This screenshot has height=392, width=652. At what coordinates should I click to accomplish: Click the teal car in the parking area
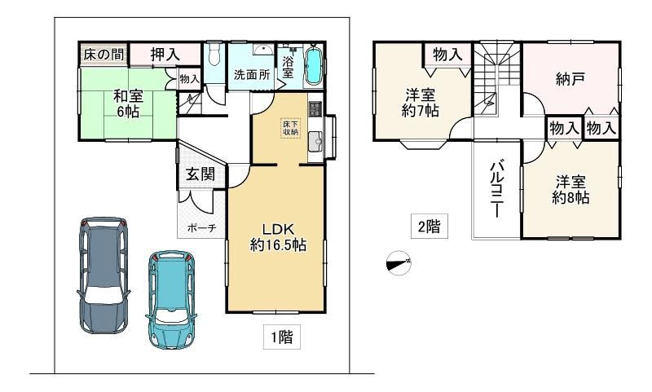pyautogui.click(x=171, y=299)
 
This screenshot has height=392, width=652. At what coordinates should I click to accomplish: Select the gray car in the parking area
pyautogui.click(x=104, y=275)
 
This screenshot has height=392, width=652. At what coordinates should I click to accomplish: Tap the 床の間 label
pyautogui.click(x=104, y=54)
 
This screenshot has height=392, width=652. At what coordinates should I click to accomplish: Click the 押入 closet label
pyautogui.click(x=165, y=55)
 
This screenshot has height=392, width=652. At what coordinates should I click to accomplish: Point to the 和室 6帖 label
pyautogui.click(x=128, y=104)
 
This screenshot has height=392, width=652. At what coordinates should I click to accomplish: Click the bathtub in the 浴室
pyautogui.click(x=314, y=66)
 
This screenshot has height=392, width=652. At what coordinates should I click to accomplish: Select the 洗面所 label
pyautogui.click(x=252, y=75)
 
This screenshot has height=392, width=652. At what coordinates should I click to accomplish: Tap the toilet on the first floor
pyautogui.click(x=214, y=53)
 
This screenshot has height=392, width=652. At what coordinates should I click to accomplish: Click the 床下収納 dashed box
pyautogui.click(x=290, y=128)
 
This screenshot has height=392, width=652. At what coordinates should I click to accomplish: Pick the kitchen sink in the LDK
pyautogui.click(x=316, y=141)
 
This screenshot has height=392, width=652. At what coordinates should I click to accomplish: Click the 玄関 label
pyautogui.click(x=200, y=174)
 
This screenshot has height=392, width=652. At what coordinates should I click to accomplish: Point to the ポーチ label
pyautogui.click(x=202, y=228)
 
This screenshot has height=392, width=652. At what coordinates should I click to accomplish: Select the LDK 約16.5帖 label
pyautogui.click(x=278, y=237)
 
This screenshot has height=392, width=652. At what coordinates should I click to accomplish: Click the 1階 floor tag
pyautogui.click(x=282, y=337)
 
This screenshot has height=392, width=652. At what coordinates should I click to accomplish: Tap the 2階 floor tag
pyautogui.click(x=430, y=226)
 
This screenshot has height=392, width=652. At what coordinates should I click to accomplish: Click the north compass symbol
pyautogui.click(x=399, y=263)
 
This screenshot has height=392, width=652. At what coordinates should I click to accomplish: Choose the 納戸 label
pyautogui.click(x=570, y=78)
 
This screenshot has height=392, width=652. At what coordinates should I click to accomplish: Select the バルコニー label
pyautogui.click(x=497, y=189)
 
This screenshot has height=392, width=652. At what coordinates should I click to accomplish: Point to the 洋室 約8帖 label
pyautogui.click(x=570, y=189)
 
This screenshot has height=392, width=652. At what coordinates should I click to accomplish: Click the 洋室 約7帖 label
pyautogui.click(x=421, y=103)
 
